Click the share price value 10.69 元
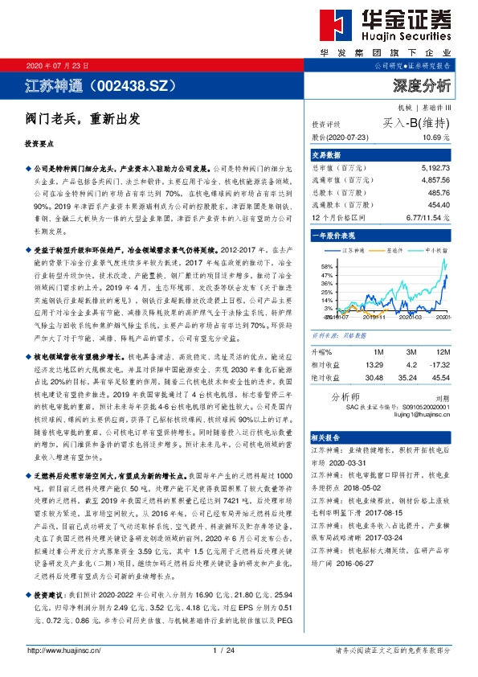coord(435,138)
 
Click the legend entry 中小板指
coord(438,251)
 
